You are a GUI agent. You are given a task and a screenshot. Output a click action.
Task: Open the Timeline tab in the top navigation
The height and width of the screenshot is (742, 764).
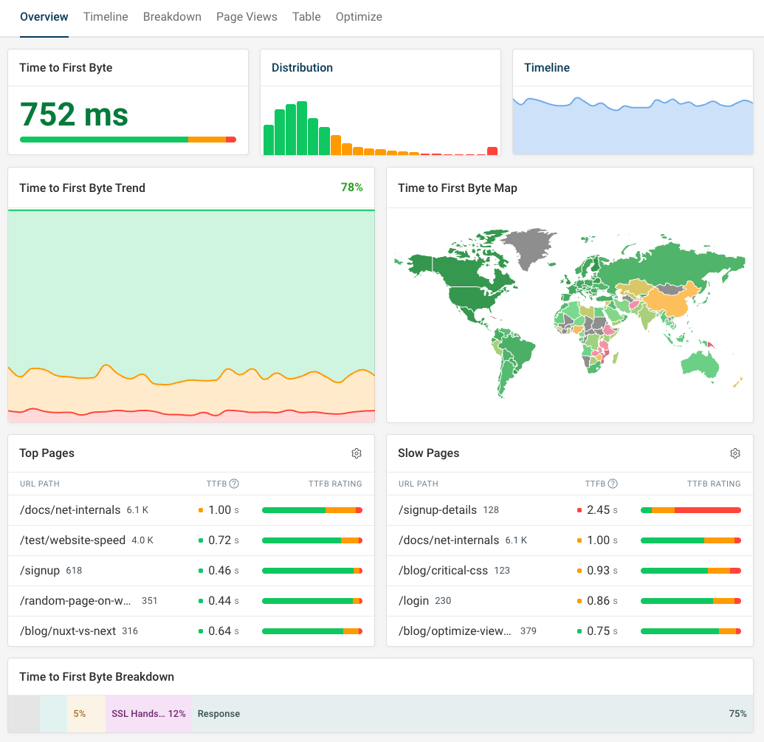pyautogui.click(x=106, y=16)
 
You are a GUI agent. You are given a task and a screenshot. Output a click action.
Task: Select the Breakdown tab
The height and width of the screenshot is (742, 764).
pyautogui.click(x=172, y=16)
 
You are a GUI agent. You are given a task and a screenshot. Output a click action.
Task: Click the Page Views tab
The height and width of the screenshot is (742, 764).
pyautogui.click(x=247, y=16)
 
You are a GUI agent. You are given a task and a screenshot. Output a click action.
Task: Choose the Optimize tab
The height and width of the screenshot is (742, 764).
pyautogui.click(x=359, y=16)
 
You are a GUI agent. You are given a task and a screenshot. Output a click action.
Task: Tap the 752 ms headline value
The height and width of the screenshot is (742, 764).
pyautogui.click(x=74, y=114)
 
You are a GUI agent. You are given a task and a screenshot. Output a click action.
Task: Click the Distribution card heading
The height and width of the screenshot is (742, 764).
pyautogui.click(x=302, y=67)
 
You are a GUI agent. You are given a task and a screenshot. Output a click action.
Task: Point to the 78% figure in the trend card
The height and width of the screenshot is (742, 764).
pyautogui.click(x=351, y=188)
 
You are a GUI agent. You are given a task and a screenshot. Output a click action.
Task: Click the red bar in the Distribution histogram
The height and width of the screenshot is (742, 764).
pyautogui.click(x=492, y=151)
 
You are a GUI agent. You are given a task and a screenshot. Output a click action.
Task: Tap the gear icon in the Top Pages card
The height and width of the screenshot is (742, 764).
pyautogui.click(x=357, y=453)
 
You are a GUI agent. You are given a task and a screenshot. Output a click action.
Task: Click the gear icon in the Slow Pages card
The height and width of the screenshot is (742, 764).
pyautogui.click(x=735, y=453)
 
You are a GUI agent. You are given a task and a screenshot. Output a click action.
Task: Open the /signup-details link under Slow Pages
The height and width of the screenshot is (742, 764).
pyautogui.click(x=438, y=510)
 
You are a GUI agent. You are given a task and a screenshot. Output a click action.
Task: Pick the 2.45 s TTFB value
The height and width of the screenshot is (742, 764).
pyautogui.click(x=598, y=510)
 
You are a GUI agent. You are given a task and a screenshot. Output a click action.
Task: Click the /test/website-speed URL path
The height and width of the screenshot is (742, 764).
pyautogui.click(x=73, y=540)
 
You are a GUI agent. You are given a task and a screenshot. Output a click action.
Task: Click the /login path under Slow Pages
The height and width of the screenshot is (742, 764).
pyautogui.click(x=413, y=601)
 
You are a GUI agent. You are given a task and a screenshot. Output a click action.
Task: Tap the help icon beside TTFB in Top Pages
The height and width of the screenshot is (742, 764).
pyautogui.click(x=234, y=484)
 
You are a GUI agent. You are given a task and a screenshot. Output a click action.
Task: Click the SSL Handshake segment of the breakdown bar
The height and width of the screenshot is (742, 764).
pyautogui.click(x=148, y=714)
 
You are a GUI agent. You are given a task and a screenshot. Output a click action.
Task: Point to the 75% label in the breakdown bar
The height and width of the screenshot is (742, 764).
pyautogui.click(x=737, y=714)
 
